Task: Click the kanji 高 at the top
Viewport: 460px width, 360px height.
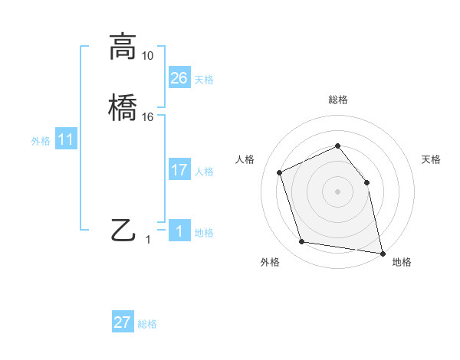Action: (123, 47)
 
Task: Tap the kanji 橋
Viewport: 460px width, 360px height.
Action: (123, 107)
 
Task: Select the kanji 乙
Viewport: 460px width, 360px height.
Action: (123, 230)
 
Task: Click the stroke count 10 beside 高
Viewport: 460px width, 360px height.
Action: (147, 56)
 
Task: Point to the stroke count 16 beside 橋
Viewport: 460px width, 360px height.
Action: (147, 116)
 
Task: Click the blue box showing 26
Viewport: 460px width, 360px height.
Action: (179, 78)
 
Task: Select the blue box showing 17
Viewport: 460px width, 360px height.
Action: (179, 170)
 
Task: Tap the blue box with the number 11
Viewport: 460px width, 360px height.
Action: (66, 140)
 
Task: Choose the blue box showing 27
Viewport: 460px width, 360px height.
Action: (123, 322)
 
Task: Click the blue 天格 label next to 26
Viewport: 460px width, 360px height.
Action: (204, 80)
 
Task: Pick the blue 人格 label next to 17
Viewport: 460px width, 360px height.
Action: (204, 172)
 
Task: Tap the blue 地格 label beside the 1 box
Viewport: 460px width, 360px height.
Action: (204, 233)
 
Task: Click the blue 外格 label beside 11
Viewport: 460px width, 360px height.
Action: (41, 142)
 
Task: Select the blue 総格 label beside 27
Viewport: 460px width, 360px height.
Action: (147, 324)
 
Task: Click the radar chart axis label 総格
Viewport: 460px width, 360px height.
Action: (338, 100)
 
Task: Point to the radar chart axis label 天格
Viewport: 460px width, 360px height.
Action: (432, 159)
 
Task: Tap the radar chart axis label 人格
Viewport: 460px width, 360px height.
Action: (245, 159)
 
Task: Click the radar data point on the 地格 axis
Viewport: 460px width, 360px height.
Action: (382, 253)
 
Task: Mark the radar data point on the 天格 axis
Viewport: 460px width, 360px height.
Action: (366, 182)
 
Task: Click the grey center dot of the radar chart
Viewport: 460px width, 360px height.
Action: (338, 191)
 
